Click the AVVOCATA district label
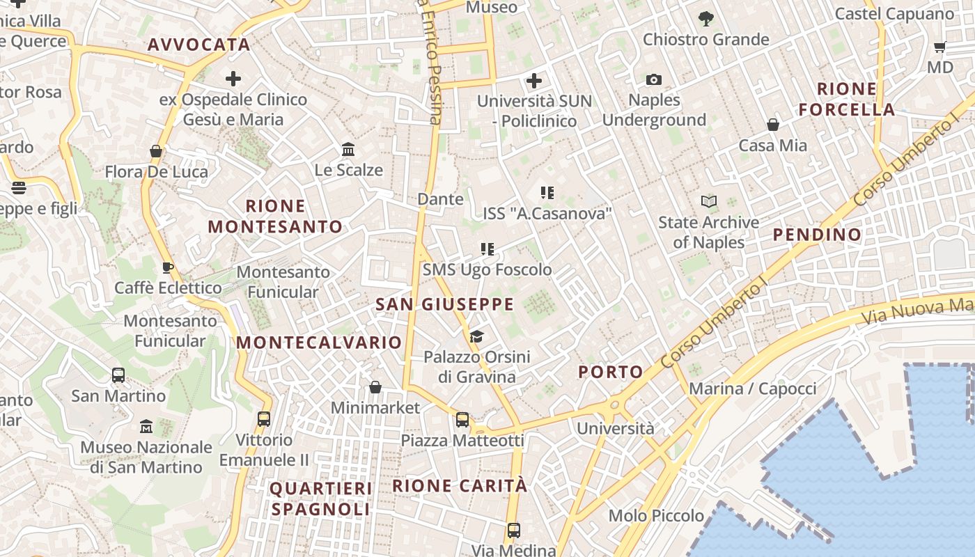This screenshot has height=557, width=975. point(198,45)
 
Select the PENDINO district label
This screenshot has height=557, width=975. point(818,235)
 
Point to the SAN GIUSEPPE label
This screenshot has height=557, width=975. point(445,304)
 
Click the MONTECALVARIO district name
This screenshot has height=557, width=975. point(319,343)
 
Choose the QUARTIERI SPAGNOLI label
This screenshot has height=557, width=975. point(320,499)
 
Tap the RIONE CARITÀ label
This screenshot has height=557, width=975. point(460,485)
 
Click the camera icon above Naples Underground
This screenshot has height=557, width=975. point(653,80)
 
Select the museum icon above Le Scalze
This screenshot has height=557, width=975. point(348,150)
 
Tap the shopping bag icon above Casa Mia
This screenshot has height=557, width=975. point(773,125)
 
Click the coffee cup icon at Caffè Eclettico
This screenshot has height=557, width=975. point(167,267)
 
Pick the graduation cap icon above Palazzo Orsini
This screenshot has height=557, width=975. point(476,338)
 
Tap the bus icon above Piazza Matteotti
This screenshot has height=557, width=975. point(462,420)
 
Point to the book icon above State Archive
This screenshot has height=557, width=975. point(709,202)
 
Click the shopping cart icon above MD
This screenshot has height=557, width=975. point(939,47)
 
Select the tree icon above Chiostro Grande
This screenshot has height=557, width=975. point(705,19)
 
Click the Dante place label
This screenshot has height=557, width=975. point(440,199)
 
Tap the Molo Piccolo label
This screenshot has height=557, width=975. point(656,516)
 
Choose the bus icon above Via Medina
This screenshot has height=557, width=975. point(514,531)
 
